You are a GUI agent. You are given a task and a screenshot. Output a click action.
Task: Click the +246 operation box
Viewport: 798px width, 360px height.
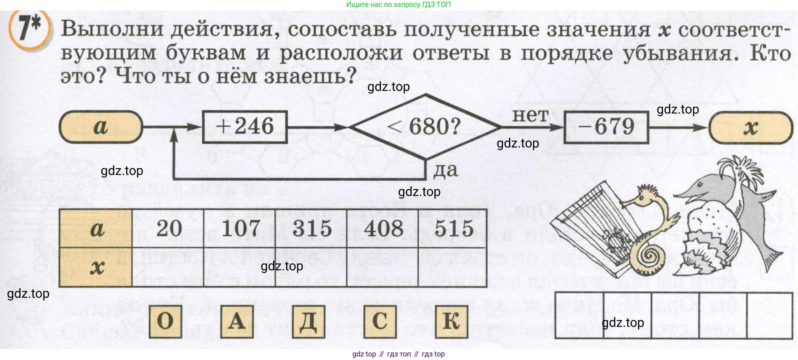click(x=245, y=127)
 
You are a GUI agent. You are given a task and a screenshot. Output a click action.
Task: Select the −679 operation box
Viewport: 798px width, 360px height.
click(x=606, y=127)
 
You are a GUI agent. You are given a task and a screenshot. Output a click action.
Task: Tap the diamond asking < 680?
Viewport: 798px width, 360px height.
click(x=424, y=127)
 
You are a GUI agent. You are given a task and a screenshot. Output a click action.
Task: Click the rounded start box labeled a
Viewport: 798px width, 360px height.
click(x=101, y=127)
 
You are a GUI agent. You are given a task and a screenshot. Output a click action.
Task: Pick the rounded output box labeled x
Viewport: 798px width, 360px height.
click(x=751, y=128)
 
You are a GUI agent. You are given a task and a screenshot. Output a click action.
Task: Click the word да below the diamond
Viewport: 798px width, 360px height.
click(x=446, y=170)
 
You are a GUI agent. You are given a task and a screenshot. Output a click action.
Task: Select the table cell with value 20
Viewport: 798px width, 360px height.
click(x=169, y=229)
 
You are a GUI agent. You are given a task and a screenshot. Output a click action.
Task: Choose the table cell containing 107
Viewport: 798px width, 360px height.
click(x=240, y=229)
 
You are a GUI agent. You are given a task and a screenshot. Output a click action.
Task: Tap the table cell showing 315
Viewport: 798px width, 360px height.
click(x=312, y=229)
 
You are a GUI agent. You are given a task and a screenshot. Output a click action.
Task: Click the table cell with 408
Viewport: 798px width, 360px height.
click(x=383, y=229)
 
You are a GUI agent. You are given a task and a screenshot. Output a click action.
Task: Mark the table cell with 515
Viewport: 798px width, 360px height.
click(x=454, y=229)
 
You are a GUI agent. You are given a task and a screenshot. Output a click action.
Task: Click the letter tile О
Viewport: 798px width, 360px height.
click(x=165, y=322)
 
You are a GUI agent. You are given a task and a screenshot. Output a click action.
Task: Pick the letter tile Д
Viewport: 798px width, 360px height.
click(x=308, y=322)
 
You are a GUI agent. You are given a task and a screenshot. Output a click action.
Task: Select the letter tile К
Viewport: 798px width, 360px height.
click(x=451, y=322)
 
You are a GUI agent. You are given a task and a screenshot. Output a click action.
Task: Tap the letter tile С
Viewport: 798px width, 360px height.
click(x=380, y=322)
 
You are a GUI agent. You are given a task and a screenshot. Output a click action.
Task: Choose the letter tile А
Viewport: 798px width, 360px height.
click(x=237, y=322)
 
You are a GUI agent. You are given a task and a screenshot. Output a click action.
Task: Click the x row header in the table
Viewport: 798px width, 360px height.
click(x=96, y=267)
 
